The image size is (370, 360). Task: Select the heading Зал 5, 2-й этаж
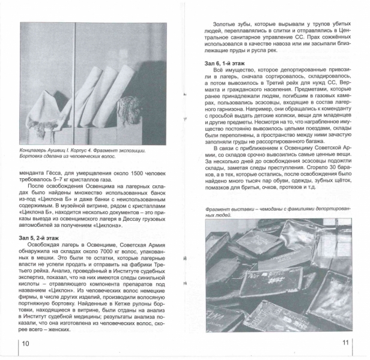[x=43, y=238]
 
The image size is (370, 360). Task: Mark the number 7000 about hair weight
[x=105, y=253]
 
